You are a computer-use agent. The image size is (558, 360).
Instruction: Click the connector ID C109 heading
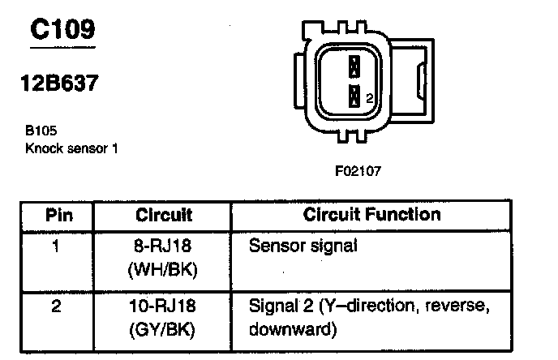click(62, 30)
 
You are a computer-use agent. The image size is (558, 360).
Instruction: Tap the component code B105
click(41, 128)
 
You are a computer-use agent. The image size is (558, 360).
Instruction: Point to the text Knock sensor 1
click(72, 148)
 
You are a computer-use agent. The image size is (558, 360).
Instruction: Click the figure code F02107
click(358, 171)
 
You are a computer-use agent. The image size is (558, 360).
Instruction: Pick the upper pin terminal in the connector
click(354, 66)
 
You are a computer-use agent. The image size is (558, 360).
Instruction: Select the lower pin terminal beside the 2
click(354, 97)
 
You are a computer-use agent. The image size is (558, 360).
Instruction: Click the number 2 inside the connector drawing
click(370, 98)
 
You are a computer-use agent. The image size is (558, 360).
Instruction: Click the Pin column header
click(58, 216)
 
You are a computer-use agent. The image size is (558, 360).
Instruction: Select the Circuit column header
click(164, 216)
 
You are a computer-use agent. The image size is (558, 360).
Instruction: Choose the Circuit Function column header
click(372, 215)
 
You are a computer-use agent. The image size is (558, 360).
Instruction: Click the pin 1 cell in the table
click(56, 245)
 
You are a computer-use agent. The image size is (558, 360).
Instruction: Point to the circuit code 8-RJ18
click(164, 245)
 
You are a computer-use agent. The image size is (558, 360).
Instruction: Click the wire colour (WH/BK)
click(164, 270)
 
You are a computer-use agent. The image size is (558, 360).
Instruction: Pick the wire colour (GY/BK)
click(164, 331)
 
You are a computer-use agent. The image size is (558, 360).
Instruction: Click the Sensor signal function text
click(302, 245)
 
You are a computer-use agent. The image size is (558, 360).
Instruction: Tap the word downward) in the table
click(291, 331)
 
